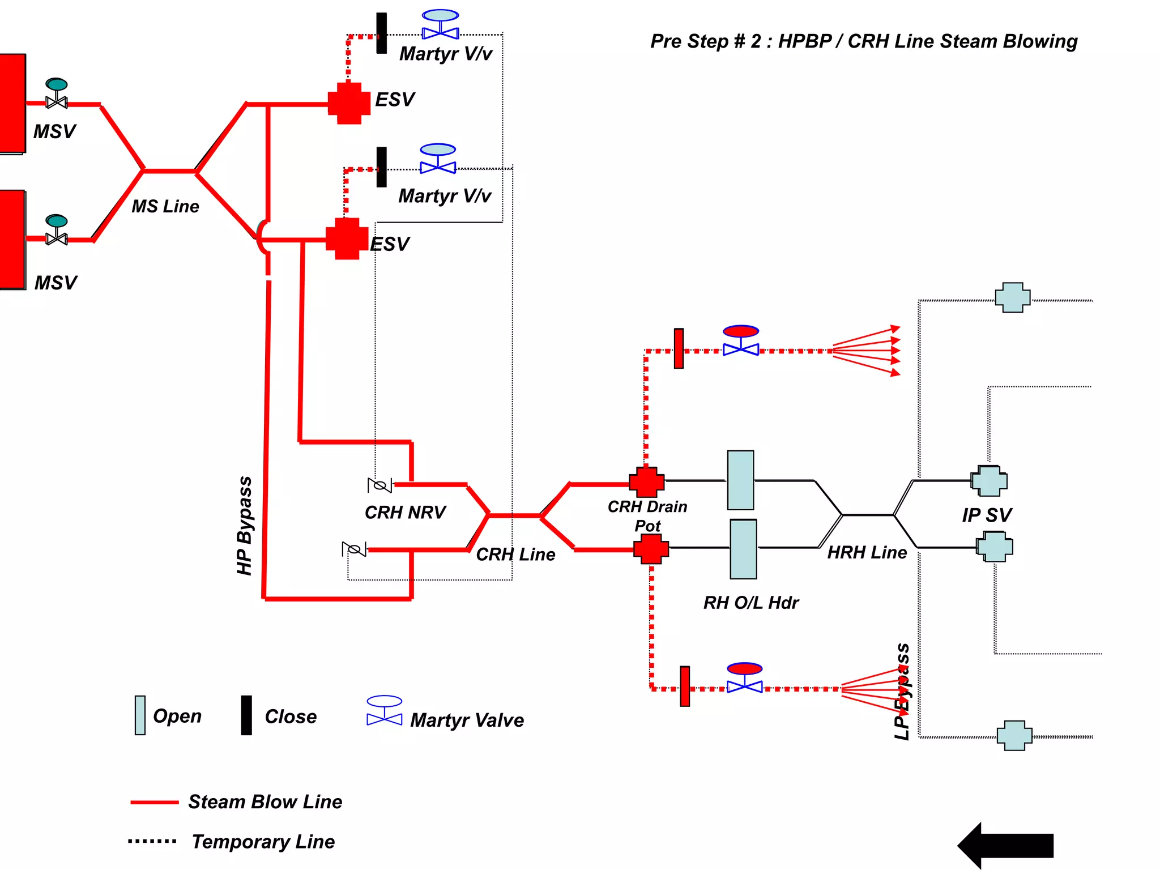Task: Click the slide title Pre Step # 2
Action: point(863,41)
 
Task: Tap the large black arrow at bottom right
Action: point(1006,845)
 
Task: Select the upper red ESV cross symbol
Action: point(349,103)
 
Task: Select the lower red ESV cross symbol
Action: point(347,238)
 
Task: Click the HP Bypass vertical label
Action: point(245,526)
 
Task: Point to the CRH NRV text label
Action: point(405,512)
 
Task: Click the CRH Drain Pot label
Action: point(647,515)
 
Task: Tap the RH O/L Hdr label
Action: point(750,603)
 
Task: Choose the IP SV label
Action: point(986,515)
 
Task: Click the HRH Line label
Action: point(867,552)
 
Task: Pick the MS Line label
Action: point(165,206)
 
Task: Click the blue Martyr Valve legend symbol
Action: point(384,711)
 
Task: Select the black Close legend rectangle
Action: point(246,715)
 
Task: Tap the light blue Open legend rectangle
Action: point(140,715)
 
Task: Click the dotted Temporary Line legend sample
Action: point(152,841)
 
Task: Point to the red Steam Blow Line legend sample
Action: point(154,802)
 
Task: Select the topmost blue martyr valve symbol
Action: point(440,25)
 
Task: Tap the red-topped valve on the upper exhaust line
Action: point(740,340)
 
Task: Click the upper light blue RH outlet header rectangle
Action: point(740,480)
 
